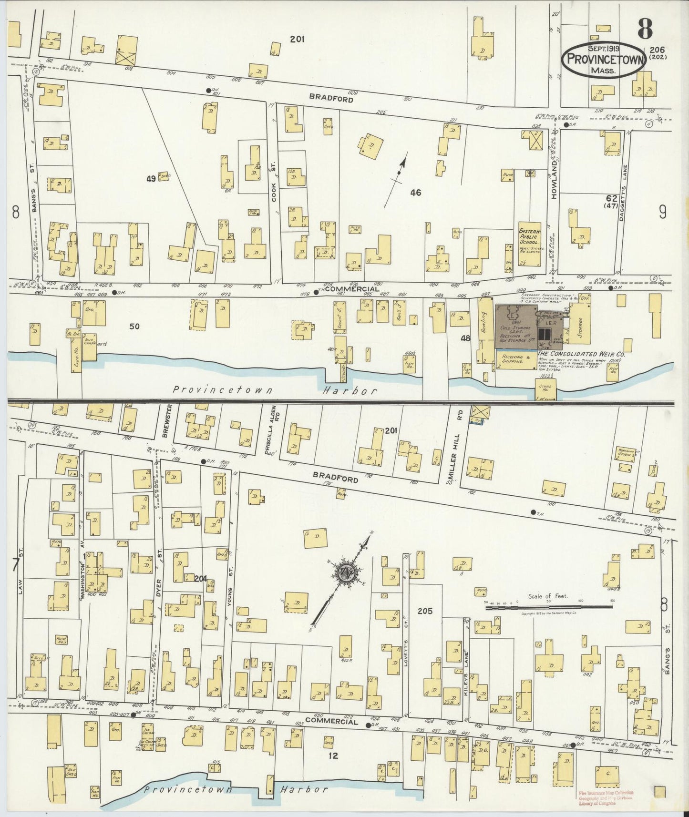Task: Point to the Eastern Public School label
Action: coord(529,237)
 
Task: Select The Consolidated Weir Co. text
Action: coord(581,355)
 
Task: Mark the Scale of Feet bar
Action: coord(548,607)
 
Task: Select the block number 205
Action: coord(424,611)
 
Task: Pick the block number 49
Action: coord(151,179)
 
